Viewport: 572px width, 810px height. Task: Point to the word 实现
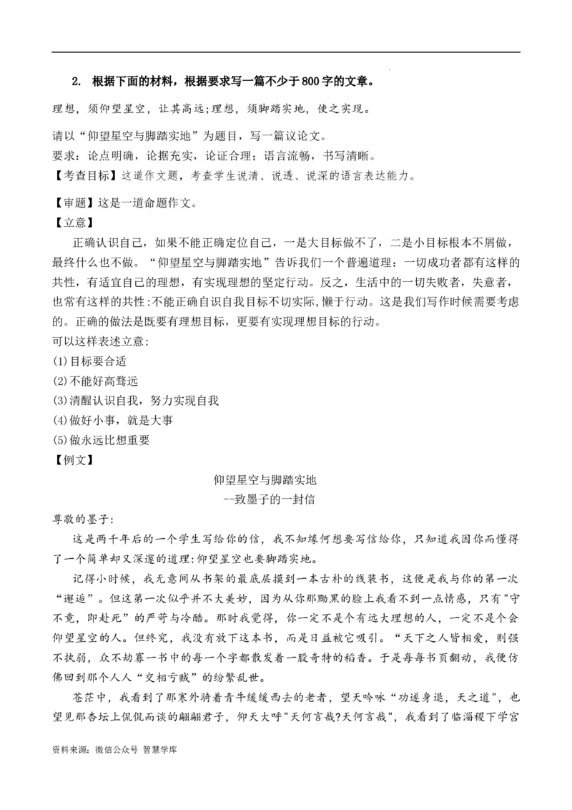(x=355, y=109)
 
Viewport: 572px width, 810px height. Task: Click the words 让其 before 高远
(x=170, y=109)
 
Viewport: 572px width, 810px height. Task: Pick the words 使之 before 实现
(x=330, y=109)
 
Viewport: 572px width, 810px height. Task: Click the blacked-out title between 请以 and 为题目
(x=140, y=135)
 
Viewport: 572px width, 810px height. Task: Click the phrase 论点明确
(x=109, y=155)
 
